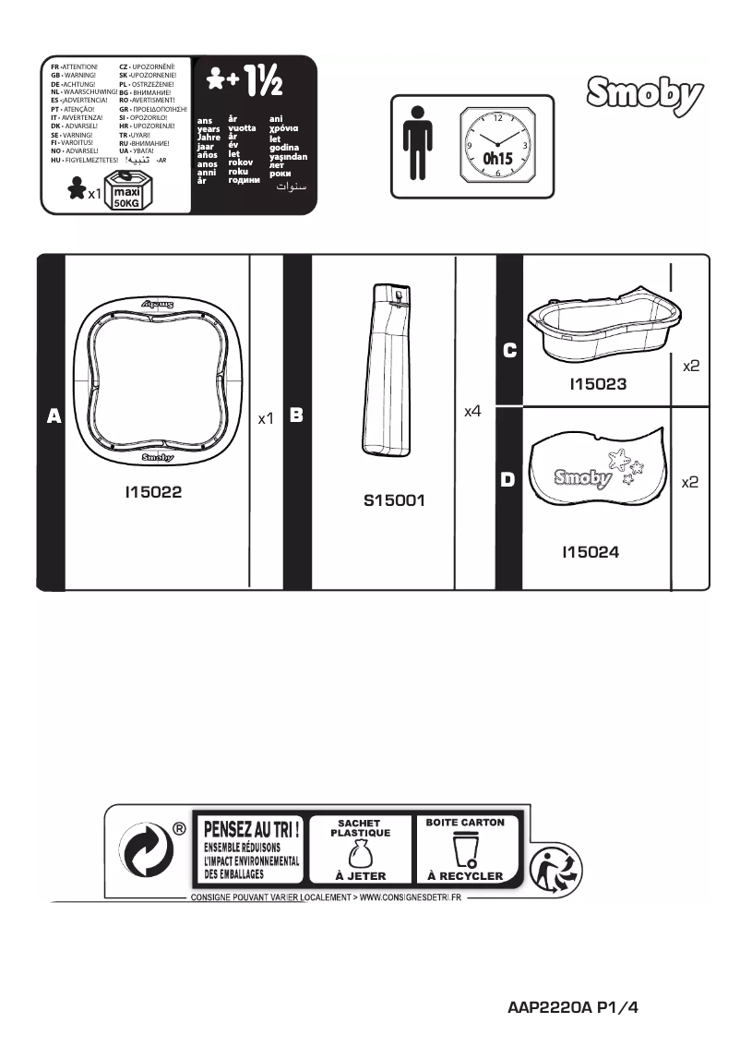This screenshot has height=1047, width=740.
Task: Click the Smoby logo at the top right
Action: coord(644,95)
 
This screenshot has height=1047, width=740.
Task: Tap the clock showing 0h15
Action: coord(497,145)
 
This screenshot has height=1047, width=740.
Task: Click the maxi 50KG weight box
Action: coord(125,194)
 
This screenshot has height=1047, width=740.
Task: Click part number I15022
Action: coord(153,493)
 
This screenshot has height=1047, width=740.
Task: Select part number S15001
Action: coord(394,502)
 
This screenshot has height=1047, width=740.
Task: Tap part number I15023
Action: coord(597,383)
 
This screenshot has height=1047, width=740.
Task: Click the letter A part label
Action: coord(54,417)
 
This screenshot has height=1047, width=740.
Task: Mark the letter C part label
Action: coord(509,351)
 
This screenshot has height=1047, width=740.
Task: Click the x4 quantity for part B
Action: coord(472,411)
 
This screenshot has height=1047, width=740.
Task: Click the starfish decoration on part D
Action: coord(620,458)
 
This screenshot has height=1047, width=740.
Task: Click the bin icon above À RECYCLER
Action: coord(465,848)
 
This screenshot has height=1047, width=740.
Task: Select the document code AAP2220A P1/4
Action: coord(572,1008)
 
